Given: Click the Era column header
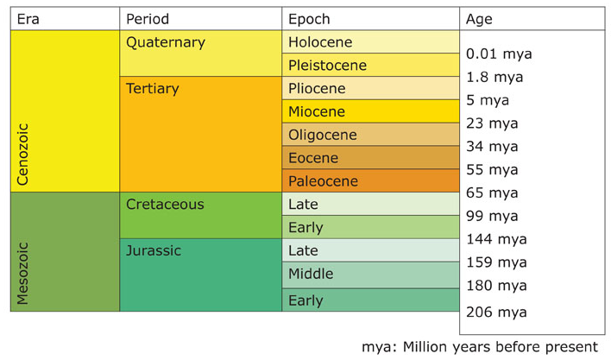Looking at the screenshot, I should pyautogui.click(x=29, y=19).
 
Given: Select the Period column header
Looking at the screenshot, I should pyautogui.click(x=148, y=19).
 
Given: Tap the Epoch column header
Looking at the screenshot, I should pyautogui.click(x=310, y=19).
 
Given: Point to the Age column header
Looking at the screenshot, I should pyautogui.click(x=479, y=19).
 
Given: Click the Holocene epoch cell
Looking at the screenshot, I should pyautogui.click(x=371, y=42).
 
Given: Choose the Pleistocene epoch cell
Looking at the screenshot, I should pyautogui.click(x=371, y=65).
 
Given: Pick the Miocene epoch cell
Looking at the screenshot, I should pyautogui.click(x=371, y=111).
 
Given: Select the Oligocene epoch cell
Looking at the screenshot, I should pyautogui.click(x=371, y=135).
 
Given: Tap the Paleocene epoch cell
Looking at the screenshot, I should pyautogui.click(x=371, y=181).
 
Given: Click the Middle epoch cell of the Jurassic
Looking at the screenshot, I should pyautogui.click(x=371, y=275).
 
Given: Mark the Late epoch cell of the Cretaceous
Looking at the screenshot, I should pyautogui.click(x=371, y=205).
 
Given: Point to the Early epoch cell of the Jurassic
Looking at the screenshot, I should pyautogui.click(x=371, y=300).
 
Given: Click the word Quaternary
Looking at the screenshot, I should pyautogui.click(x=166, y=42).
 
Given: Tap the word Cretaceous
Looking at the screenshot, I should pyautogui.click(x=165, y=205).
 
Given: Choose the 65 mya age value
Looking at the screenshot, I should pyautogui.click(x=492, y=193).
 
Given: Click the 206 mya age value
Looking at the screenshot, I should pyautogui.click(x=495, y=313).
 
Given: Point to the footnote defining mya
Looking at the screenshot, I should pyautogui.click(x=479, y=347).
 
